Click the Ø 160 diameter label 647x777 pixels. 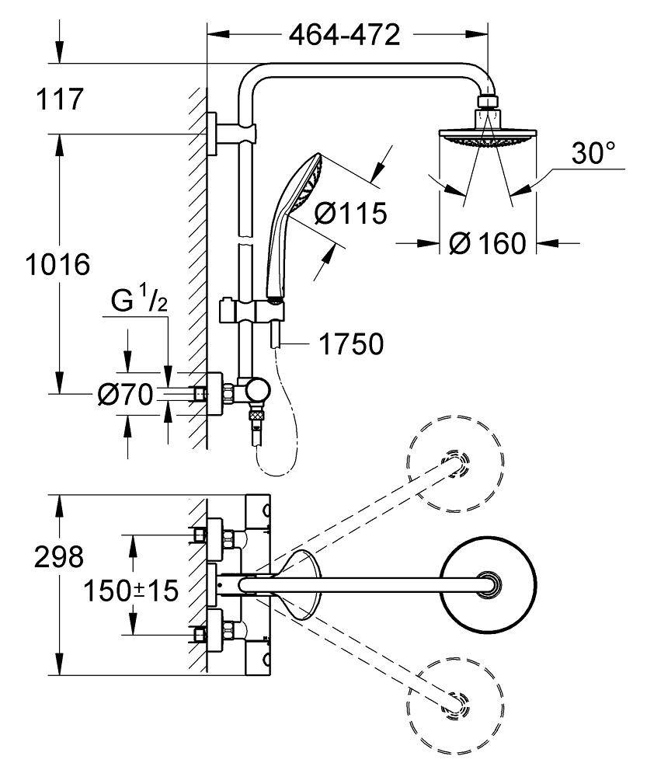tap(489, 243)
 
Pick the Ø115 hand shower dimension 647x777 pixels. tap(350, 214)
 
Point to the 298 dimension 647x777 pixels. tap(57, 556)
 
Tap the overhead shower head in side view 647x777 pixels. tap(489, 132)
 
